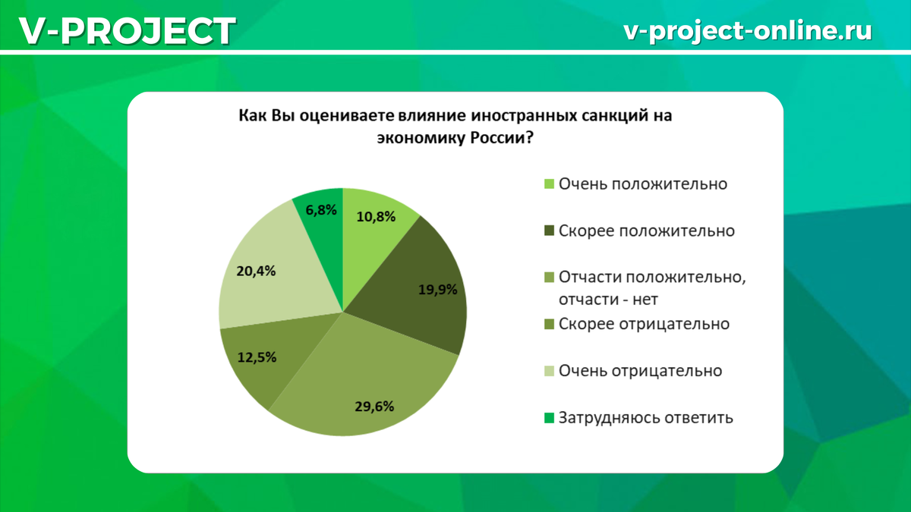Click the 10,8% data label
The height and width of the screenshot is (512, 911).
point(375,217)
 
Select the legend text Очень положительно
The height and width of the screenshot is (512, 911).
point(643,184)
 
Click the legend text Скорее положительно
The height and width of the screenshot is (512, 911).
point(646,231)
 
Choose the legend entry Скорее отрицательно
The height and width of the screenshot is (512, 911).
point(644,324)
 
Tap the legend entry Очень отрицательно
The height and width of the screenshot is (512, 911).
point(640,371)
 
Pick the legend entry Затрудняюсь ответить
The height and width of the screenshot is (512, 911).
point(646,417)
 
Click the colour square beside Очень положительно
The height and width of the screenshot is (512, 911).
point(549,184)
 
